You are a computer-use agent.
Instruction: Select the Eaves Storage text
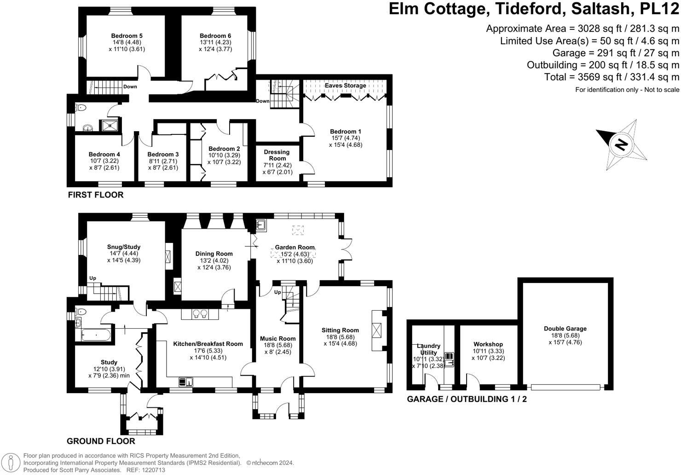pyautogui.click(x=345, y=86)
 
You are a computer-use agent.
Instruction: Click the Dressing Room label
pyautogui.click(x=277, y=155)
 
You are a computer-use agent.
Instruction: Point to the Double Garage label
pyautogui.click(x=565, y=329)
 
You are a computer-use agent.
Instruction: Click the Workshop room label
pyautogui.click(x=488, y=344)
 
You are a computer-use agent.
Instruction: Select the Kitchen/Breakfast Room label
pyautogui.click(x=208, y=344)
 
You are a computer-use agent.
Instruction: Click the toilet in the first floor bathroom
pyautogui.click(x=81, y=108)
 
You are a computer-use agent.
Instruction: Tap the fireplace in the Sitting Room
pyautogui.click(x=378, y=330)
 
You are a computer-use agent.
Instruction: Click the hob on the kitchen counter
pyautogui.click(x=199, y=314)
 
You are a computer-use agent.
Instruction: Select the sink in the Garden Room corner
pyautogui.click(x=261, y=225)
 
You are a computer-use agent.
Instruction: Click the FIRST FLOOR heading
pyautogui.click(x=96, y=195)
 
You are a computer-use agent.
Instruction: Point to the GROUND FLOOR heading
pyautogui.click(x=101, y=441)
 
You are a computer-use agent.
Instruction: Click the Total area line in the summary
pyautogui.click(x=612, y=77)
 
